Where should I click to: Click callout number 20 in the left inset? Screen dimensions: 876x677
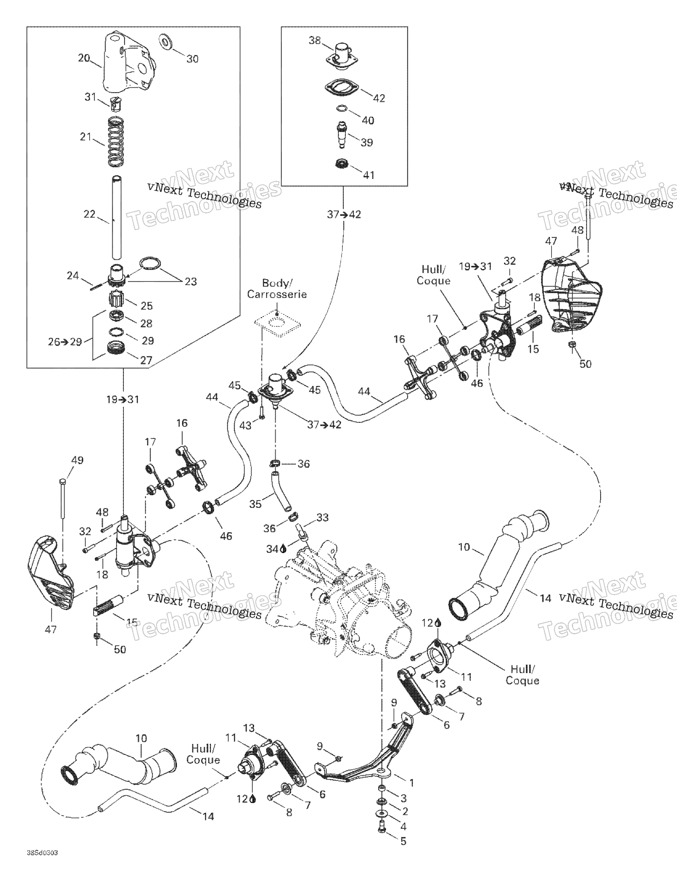84,58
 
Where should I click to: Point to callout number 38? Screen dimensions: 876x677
315,40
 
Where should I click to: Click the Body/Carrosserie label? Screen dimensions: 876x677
277,289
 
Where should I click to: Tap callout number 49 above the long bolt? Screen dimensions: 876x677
77,460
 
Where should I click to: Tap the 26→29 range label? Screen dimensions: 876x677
65,342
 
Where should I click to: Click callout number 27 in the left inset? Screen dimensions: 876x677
146,360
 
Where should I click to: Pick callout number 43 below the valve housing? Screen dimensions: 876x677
245,425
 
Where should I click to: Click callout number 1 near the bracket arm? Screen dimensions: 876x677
411,782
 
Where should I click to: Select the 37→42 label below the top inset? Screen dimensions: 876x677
344,215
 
